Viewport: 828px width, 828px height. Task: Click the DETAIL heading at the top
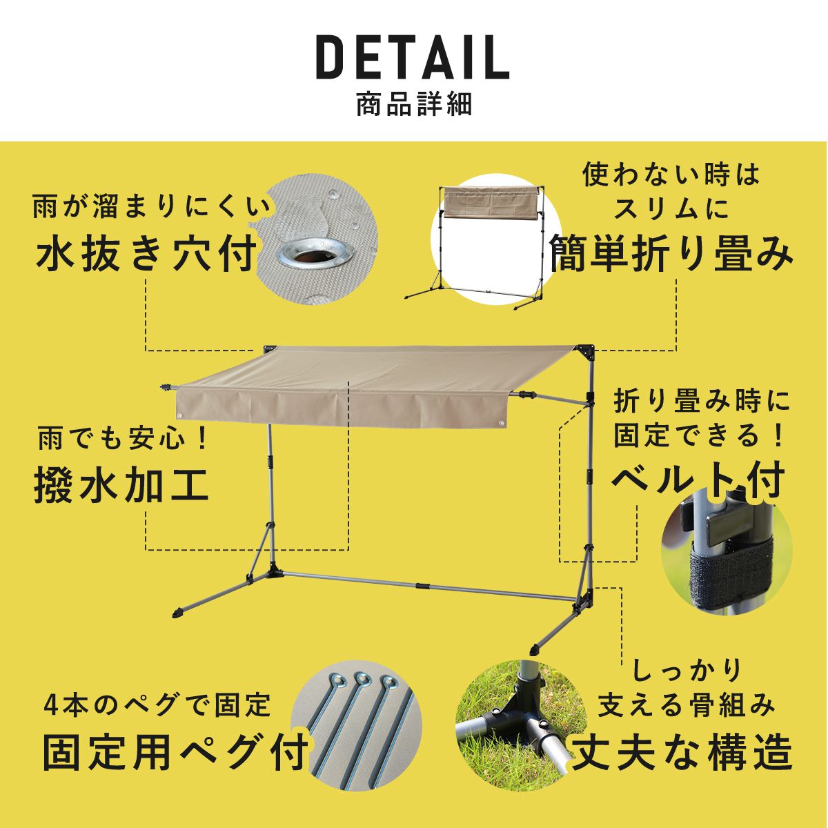click(x=413, y=58)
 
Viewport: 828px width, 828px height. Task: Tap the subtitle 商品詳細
click(x=414, y=104)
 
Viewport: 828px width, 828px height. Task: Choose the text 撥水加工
click(x=121, y=484)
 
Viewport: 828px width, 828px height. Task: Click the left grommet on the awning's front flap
click(x=181, y=415)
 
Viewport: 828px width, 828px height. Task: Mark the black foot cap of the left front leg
click(x=178, y=612)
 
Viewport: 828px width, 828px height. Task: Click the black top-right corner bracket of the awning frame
click(x=586, y=353)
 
